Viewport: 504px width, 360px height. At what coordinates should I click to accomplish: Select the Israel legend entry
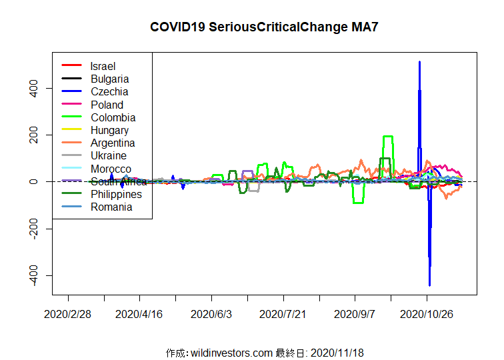[x=103, y=66]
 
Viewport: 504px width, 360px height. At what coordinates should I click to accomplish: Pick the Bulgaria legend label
[x=109, y=79]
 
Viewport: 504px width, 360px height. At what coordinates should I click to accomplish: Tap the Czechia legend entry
[x=109, y=91]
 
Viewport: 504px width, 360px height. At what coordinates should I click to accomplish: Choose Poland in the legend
[x=107, y=105]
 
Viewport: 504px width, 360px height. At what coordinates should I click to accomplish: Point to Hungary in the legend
[x=109, y=130]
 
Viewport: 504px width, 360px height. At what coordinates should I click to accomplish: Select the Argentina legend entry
[x=113, y=143]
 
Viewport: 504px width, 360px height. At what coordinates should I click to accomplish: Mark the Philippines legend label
[x=116, y=194]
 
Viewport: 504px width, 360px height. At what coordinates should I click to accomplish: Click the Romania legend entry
[x=111, y=207]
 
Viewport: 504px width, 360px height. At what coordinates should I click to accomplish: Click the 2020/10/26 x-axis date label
[x=427, y=314]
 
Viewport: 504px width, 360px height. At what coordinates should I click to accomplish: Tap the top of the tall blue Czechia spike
[x=419, y=63]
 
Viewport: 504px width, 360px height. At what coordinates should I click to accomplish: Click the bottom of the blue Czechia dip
[x=429, y=285]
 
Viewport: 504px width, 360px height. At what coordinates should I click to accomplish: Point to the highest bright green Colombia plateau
[x=387, y=137]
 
